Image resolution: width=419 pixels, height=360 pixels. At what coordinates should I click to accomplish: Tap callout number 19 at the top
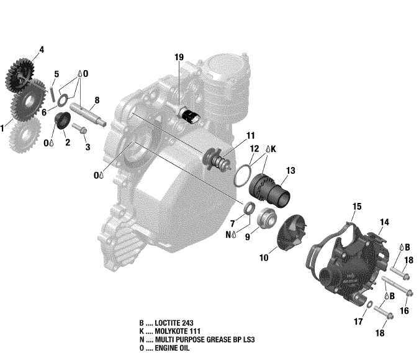point(179,58)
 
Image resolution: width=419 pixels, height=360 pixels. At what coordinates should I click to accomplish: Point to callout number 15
point(357,206)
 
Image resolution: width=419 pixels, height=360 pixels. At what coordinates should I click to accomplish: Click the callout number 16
point(404,310)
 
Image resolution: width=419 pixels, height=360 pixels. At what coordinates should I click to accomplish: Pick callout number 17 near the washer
point(358,321)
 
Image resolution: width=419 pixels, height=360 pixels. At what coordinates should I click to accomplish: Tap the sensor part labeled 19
point(187,115)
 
